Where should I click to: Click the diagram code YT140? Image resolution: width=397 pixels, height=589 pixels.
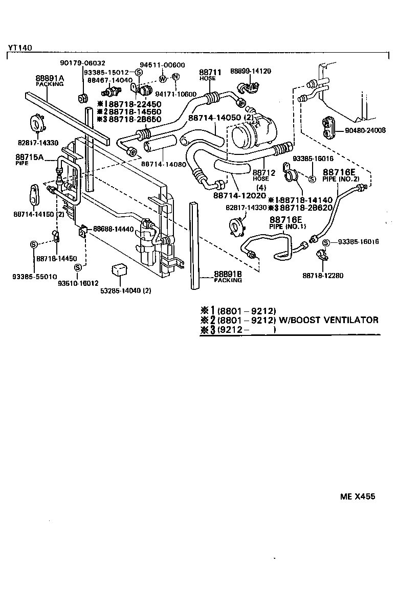[20, 48]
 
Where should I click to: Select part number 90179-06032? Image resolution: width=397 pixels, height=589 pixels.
[82, 63]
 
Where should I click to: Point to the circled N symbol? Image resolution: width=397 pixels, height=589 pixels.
[175, 77]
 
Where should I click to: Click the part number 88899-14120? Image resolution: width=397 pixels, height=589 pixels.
[250, 71]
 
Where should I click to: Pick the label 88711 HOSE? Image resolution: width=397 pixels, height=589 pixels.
[210, 75]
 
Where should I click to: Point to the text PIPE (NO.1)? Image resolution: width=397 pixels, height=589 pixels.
[288, 225]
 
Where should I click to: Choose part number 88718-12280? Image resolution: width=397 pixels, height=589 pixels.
[322, 276]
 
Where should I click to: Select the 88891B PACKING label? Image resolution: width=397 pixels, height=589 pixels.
[228, 276]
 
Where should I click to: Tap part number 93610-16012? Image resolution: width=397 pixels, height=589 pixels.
[78, 282]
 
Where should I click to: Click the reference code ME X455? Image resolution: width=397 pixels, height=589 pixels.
[358, 496]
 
